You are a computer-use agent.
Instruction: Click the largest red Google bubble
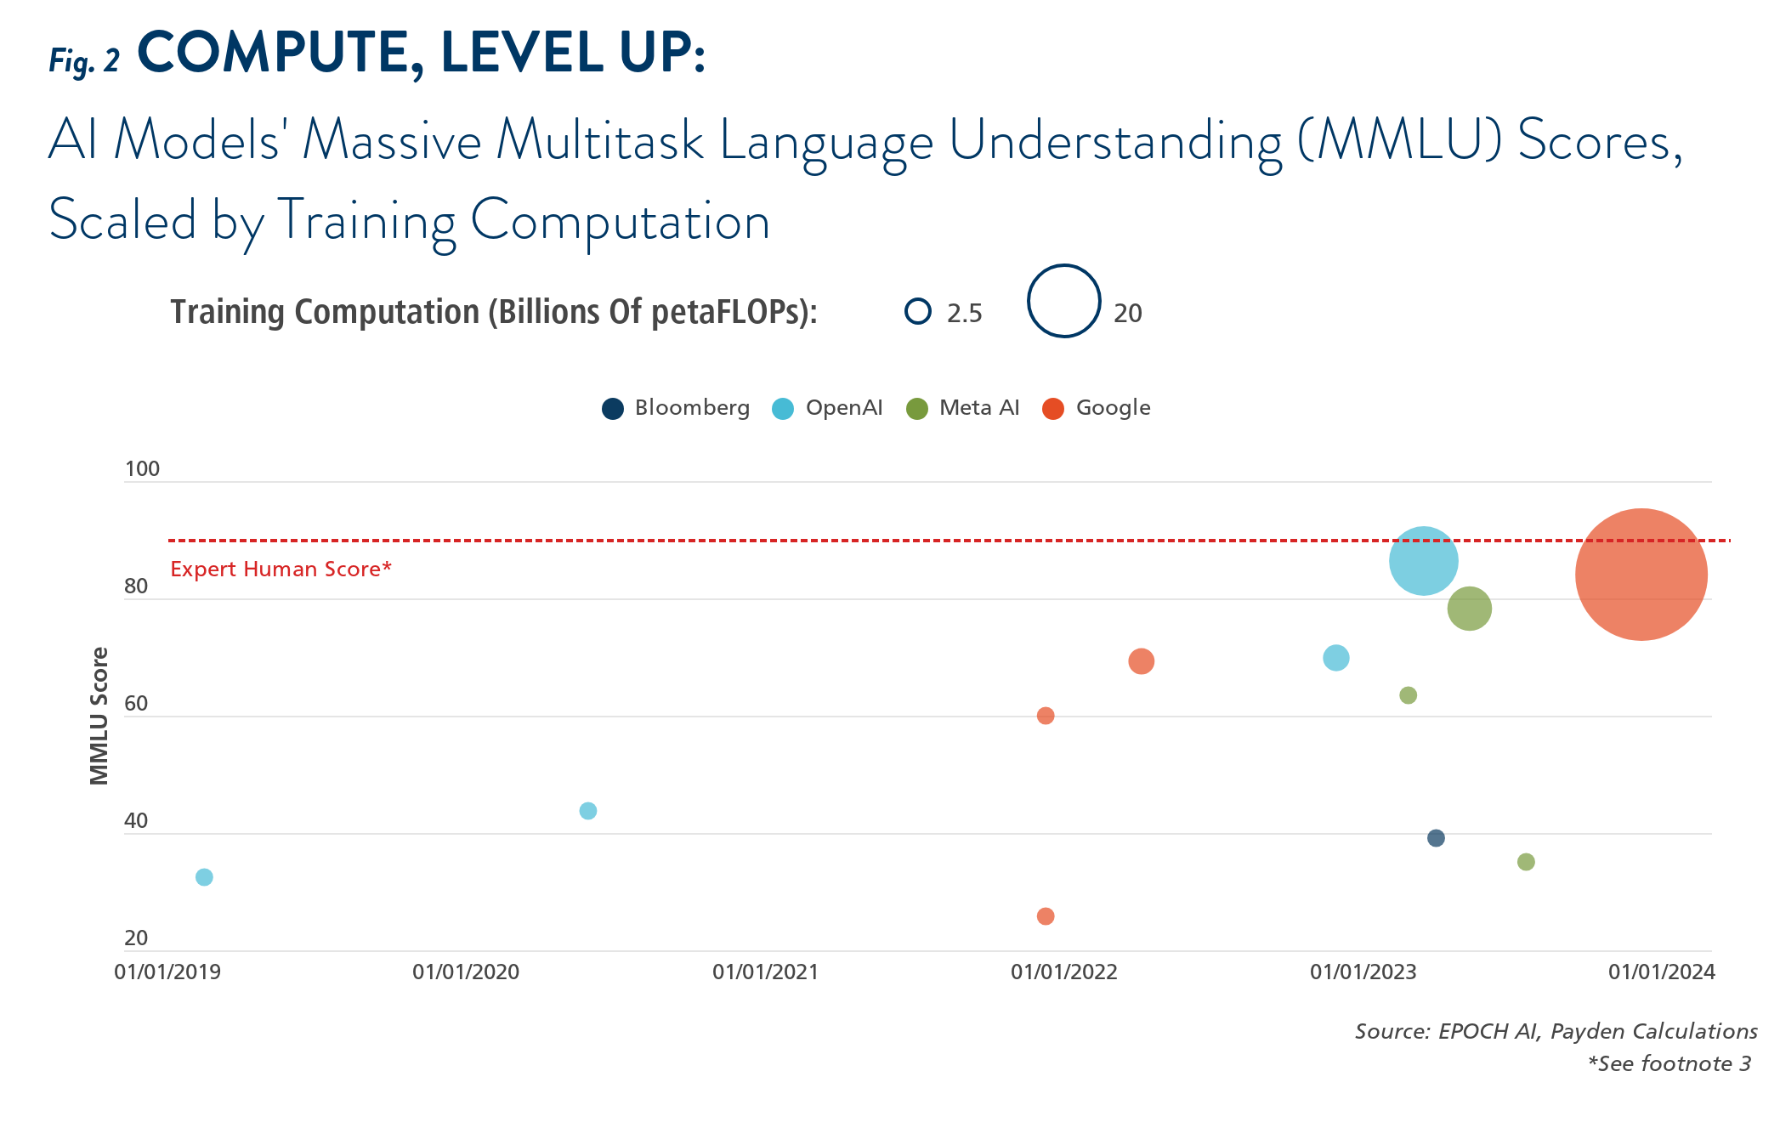pos(1641,575)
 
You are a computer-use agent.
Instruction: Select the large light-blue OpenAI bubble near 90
pos(1423,561)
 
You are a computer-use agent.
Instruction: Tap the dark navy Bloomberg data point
pos(1436,838)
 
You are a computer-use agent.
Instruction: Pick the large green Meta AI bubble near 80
pos(1469,609)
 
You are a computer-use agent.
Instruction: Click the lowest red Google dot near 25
pos(1046,916)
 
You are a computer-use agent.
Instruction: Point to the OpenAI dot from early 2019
pos(204,877)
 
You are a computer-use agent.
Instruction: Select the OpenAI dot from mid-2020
pos(587,811)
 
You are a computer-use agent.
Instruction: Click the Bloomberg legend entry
pos(676,408)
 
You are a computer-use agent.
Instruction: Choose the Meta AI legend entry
pos(963,408)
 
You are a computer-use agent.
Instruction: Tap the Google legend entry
pos(1097,408)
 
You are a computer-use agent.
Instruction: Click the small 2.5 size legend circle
pos(918,312)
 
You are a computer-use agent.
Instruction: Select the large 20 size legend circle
pos(1064,301)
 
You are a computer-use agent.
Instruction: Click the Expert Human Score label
pos(281,569)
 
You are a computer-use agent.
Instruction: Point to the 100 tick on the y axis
pos(142,468)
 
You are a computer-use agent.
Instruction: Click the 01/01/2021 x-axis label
pos(765,972)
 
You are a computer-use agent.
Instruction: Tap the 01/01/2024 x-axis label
pos(1662,972)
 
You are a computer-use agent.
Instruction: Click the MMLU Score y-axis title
pos(99,716)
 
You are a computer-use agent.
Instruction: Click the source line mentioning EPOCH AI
pos(1556,1031)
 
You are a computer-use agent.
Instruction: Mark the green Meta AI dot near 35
pos(1526,862)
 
